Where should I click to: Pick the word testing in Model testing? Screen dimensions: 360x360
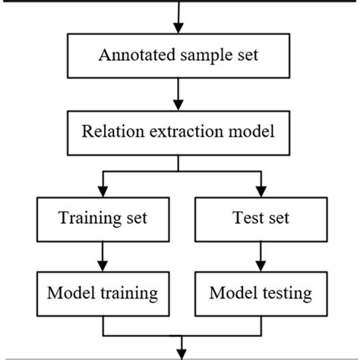[x=279, y=293]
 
